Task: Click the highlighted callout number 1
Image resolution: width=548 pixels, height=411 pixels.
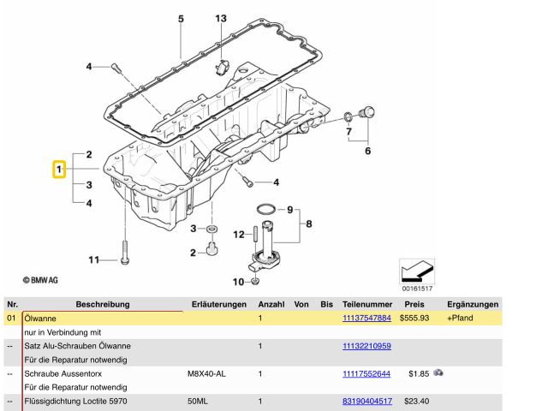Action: (x=58, y=170)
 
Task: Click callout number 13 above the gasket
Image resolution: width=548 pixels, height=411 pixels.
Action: (x=221, y=18)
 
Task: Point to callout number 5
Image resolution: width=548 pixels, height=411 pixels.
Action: (x=181, y=18)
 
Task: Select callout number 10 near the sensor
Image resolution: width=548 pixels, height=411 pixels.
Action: (x=239, y=282)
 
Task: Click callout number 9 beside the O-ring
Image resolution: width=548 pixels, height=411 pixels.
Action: (x=290, y=210)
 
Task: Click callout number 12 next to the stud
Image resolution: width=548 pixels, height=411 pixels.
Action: (x=239, y=235)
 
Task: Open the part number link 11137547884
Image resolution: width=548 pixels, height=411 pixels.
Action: (x=366, y=318)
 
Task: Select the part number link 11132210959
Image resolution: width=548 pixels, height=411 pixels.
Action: (x=366, y=346)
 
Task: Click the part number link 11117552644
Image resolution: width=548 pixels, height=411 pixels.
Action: (x=366, y=373)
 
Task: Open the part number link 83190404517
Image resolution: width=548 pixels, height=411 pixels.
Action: (x=366, y=401)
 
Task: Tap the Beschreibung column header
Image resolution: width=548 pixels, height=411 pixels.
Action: (x=102, y=304)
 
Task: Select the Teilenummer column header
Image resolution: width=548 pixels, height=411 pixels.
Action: (x=366, y=304)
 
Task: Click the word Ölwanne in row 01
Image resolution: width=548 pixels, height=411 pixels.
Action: (x=39, y=318)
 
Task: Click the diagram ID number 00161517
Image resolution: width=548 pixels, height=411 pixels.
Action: (x=417, y=289)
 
